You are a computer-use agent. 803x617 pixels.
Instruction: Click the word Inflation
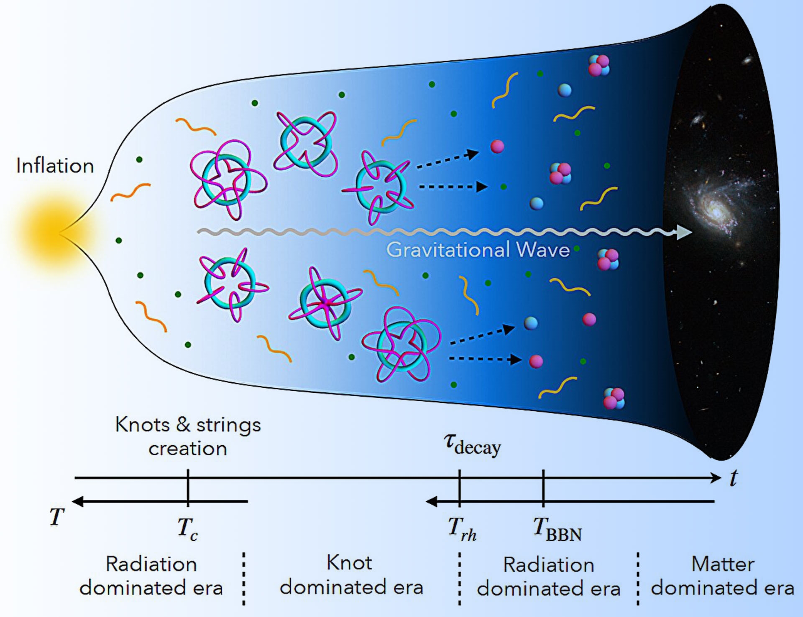point(55,166)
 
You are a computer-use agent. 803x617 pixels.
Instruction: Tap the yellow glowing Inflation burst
point(50,232)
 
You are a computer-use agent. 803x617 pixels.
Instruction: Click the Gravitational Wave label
point(478,250)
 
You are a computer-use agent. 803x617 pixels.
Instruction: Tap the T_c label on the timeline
point(187,528)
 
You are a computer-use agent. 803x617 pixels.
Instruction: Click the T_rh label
point(462,529)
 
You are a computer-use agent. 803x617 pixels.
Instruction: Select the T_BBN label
point(557,529)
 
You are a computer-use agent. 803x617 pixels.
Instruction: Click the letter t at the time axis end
point(734,478)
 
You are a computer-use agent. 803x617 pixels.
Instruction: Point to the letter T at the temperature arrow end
point(57,517)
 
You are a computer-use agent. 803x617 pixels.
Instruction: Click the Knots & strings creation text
point(188,436)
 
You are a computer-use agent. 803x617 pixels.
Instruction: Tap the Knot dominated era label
point(351,575)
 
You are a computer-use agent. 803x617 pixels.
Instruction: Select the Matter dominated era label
point(723,576)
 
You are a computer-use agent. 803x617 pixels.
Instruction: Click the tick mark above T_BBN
point(543,487)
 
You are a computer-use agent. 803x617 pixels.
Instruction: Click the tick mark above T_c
point(188,487)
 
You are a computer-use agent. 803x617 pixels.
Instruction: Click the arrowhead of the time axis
point(716,478)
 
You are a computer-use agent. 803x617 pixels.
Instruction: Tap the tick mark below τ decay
point(460,487)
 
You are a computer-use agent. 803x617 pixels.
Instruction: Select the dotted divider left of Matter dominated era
point(638,579)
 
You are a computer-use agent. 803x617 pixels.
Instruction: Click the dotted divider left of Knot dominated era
point(243,579)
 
